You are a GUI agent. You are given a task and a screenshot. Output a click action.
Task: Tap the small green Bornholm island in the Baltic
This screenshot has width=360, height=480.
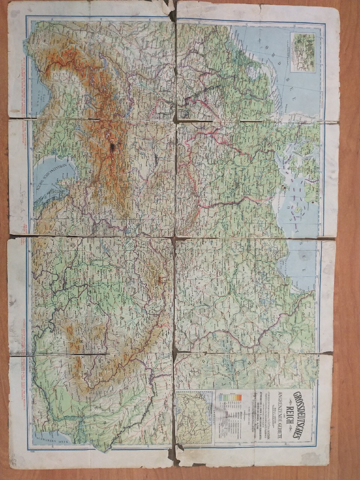299,211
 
